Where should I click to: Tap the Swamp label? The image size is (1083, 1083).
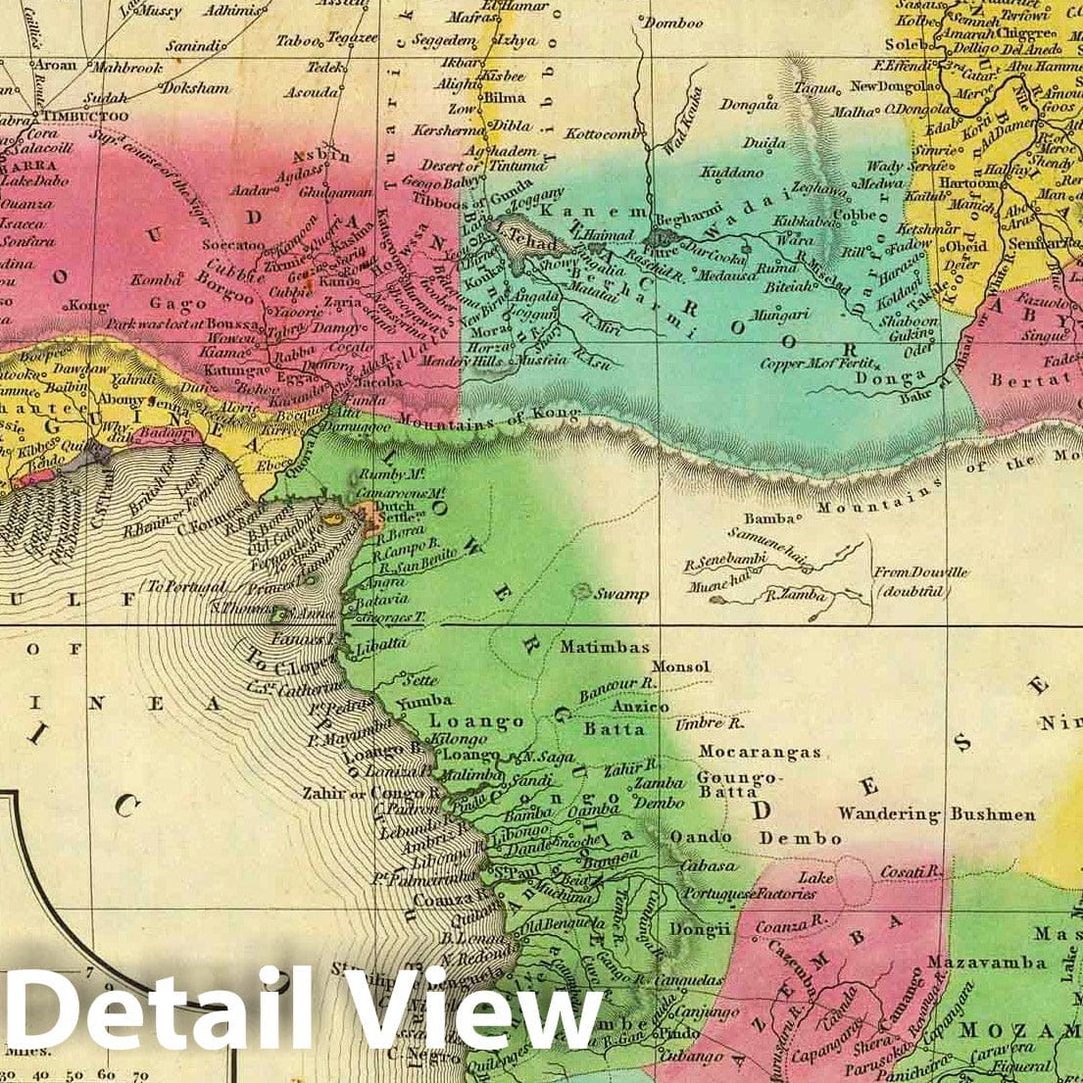point(621,594)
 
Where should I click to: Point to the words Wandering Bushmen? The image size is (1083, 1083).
point(936,813)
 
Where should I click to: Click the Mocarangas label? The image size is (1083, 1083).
point(760,752)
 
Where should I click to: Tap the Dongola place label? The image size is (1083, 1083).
point(749,103)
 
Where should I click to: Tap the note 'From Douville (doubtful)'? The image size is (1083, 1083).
point(909,582)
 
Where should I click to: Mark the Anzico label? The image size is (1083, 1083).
point(640,706)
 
